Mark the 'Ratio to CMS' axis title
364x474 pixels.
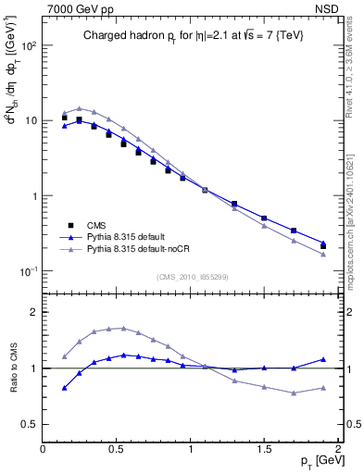coord(13,368)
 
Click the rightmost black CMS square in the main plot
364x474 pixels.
coord(323,245)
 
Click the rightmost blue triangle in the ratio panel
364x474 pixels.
coord(323,359)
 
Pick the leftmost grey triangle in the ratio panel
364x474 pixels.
coord(64,356)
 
